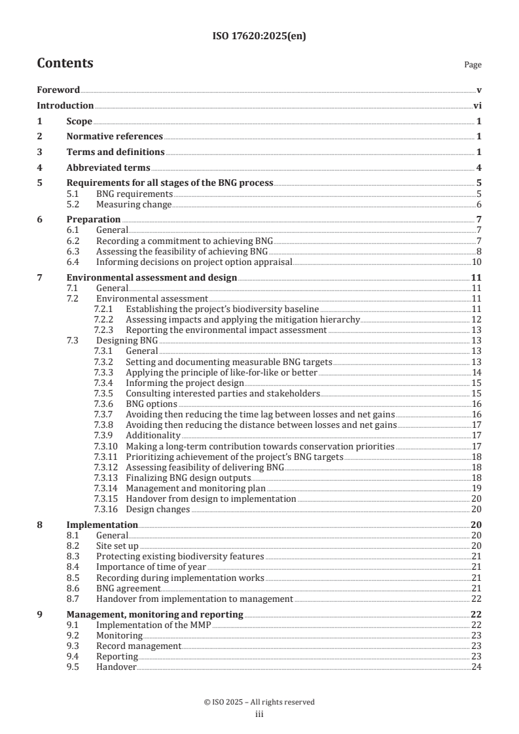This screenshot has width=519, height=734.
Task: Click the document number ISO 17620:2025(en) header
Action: pos(259,37)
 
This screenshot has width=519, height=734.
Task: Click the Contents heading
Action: pos(65,63)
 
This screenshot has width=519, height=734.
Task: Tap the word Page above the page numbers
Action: pos(472,65)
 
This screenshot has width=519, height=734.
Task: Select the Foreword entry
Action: pos(58,90)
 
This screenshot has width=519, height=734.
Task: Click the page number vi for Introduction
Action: pos(477,105)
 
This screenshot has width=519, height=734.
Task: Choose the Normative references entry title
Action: pos(115,136)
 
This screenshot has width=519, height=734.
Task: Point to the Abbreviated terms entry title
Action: pos(108,167)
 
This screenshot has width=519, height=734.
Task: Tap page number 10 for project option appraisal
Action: pos(477,262)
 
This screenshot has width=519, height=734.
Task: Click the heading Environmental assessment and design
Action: pos(152,277)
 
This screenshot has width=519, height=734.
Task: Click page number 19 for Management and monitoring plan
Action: pos(477,488)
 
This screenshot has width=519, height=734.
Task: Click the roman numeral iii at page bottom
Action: pos(259,714)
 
